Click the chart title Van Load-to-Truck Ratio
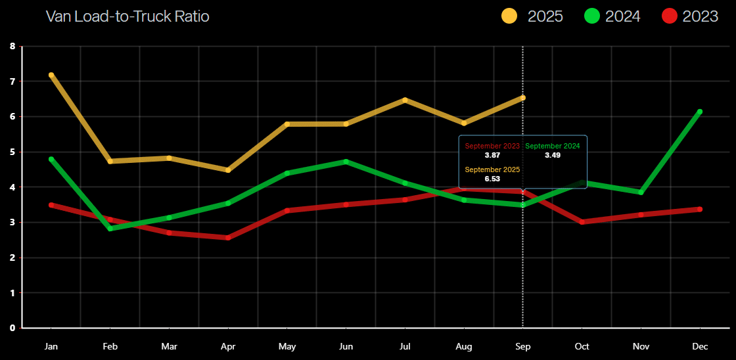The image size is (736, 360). coord(127,16)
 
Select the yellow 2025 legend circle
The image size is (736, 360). coord(509,16)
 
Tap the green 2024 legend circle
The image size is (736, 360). coord(591,16)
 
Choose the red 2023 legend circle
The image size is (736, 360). coord(669,16)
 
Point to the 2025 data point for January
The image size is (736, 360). coord(51,75)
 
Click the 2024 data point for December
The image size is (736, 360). coord(700,112)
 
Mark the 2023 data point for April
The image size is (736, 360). coord(228,237)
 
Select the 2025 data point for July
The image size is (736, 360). coord(405,100)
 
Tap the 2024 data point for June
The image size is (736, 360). coord(346,161)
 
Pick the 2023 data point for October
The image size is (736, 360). coord(582,222)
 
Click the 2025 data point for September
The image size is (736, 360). coord(522,98)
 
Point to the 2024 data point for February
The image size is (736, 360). coord(110,229)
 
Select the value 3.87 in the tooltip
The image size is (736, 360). coord(492,155)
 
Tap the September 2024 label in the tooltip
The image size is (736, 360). coord(553,146)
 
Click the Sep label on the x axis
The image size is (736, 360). coord(522,346)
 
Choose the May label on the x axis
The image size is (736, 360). coord(287,346)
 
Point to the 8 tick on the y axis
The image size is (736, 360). coord(12,46)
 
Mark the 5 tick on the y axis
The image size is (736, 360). coord(12,152)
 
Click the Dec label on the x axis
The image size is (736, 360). coord(700,346)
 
